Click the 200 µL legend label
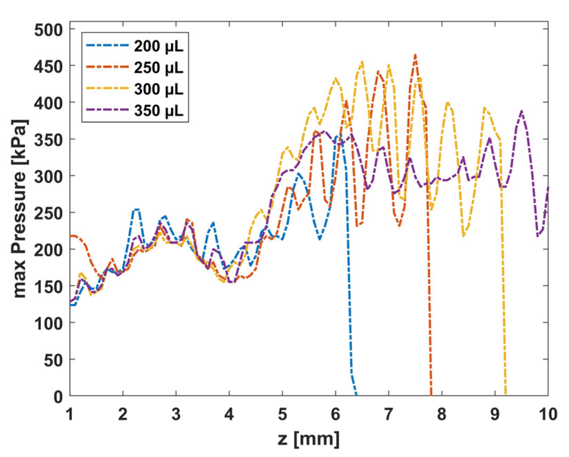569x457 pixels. tap(159, 46)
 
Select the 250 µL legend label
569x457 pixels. tap(159, 68)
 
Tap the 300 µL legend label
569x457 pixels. tap(159, 89)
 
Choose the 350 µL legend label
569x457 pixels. tap(159, 110)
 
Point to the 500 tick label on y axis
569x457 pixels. tap(49, 30)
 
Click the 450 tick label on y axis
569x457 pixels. tap(49, 66)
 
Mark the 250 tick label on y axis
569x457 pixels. tap(49, 213)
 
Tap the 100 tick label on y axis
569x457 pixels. tap(49, 323)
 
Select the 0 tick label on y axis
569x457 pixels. tap(58, 397)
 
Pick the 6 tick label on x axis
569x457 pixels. tap(335, 414)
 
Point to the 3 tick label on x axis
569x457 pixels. tap(176, 414)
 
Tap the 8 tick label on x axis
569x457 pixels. tap(442, 414)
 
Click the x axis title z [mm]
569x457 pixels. tap(309, 439)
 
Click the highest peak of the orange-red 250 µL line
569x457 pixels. tap(416, 55)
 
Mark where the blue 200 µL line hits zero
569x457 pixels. tap(356, 395)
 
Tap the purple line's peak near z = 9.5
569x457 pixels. tap(522, 111)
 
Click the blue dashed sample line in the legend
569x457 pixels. tap(107, 45)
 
